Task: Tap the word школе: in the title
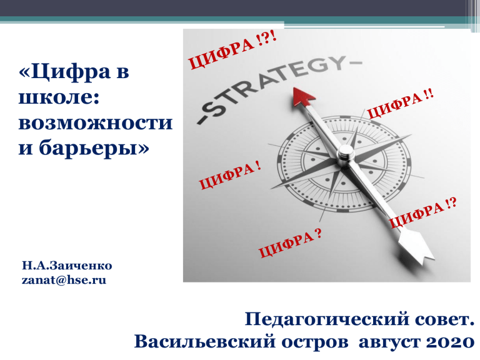(59, 97)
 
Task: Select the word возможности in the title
(96, 122)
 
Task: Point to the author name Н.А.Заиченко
(67, 266)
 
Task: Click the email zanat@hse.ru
(64, 280)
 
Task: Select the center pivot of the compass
(346, 152)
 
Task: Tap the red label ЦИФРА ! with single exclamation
(230, 175)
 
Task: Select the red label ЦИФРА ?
(290, 243)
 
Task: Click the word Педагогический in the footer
(327, 320)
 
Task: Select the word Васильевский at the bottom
(205, 341)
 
